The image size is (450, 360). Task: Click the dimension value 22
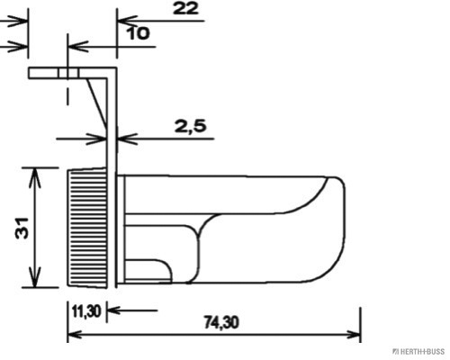pyautogui.click(x=184, y=10)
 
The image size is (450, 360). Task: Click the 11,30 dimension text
pyautogui.click(x=85, y=311)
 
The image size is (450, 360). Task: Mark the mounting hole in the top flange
pyautogui.click(x=66, y=73)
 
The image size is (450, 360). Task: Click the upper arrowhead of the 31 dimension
pyautogui.click(x=35, y=174)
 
